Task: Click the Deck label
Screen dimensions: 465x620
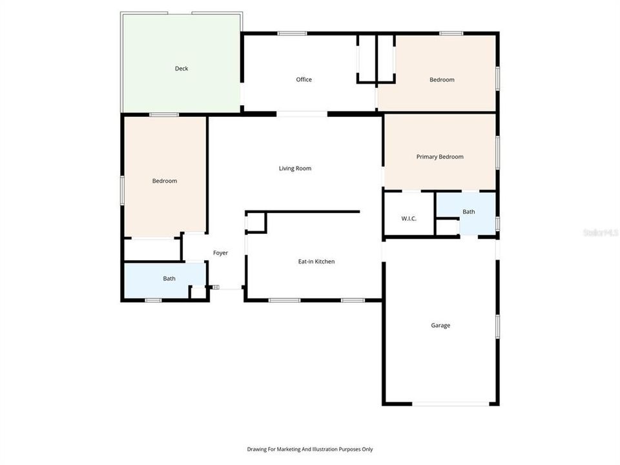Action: coord(181,68)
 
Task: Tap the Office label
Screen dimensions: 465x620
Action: coord(304,79)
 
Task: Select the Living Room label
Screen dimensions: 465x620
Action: coord(295,169)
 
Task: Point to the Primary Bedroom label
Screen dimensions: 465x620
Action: coord(440,157)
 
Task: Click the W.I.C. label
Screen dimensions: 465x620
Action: coord(409,218)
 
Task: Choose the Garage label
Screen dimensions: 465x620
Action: coord(440,325)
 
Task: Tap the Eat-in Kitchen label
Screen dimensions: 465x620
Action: coord(316,262)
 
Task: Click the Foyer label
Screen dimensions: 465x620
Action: coord(220,253)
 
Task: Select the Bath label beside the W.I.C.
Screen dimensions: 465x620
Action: coord(469,212)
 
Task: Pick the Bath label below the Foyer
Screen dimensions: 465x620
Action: coord(169,279)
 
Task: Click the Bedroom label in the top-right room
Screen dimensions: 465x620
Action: coord(442,80)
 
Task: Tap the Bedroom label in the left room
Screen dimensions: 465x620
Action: coord(165,181)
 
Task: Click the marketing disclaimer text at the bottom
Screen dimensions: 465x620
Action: coord(310,449)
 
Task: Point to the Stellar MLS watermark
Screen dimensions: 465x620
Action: coord(600,231)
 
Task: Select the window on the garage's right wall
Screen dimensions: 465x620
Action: coord(497,326)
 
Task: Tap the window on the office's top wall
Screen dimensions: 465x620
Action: coord(292,34)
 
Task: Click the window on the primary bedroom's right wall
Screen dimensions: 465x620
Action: coord(497,152)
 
